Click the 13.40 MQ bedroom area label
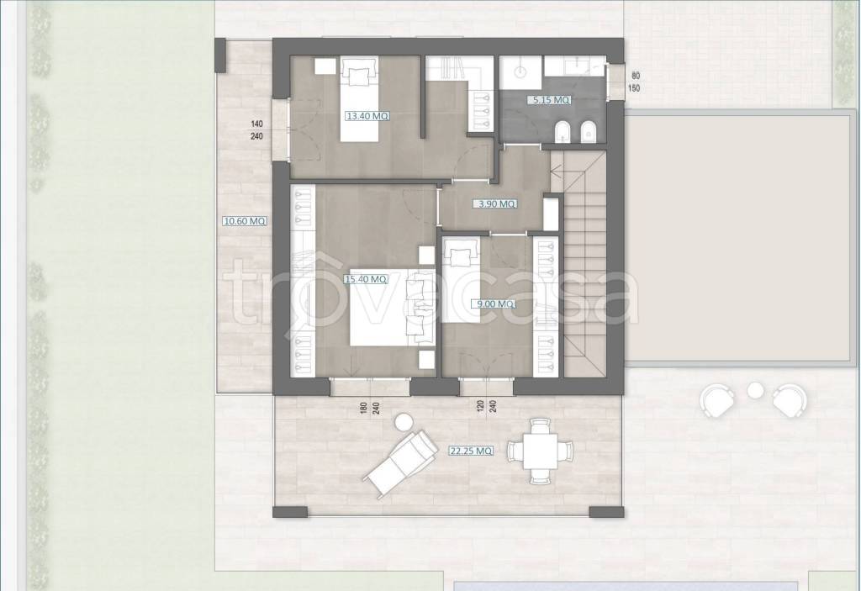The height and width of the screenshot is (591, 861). pyautogui.click(x=367, y=116)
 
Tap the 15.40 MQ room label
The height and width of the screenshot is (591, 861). pyautogui.click(x=366, y=279)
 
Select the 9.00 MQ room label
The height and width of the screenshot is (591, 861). pyautogui.click(x=496, y=303)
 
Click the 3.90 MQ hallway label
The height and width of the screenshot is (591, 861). pyautogui.click(x=497, y=203)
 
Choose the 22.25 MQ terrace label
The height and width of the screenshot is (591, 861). pyautogui.click(x=471, y=451)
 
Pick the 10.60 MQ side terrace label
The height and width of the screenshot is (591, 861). pyautogui.click(x=245, y=221)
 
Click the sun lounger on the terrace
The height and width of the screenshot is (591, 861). pyautogui.click(x=400, y=462)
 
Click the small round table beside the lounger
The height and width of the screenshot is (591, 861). pyautogui.click(x=404, y=422)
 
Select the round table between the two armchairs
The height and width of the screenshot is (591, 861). pyautogui.click(x=756, y=389)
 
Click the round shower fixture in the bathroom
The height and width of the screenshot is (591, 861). pyautogui.click(x=520, y=71)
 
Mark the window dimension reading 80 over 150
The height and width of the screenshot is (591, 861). pyautogui.click(x=636, y=82)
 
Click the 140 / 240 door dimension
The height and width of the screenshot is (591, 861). pyautogui.click(x=256, y=130)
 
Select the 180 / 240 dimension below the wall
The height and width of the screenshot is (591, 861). pyautogui.click(x=371, y=407)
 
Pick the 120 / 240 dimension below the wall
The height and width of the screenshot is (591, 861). pyautogui.click(x=487, y=407)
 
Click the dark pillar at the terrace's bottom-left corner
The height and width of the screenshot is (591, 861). pyautogui.click(x=290, y=512)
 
